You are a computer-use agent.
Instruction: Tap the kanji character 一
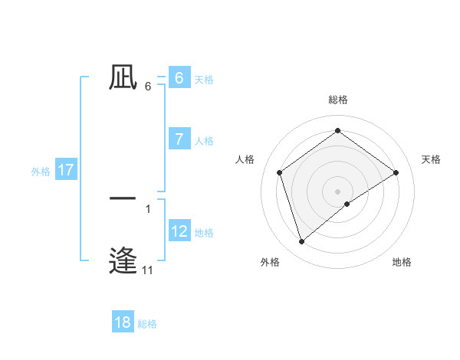pyautogui.click(x=123, y=198)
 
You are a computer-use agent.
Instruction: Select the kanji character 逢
pyautogui.click(x=123, y=260)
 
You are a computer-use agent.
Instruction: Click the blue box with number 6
pyautogui.click(x=179, y=77)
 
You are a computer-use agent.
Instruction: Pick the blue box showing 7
pyautogui.click(x=179, y=139)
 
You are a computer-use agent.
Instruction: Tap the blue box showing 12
pyautogui.click(x=179, y=231)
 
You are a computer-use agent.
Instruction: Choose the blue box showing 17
pyautogui.click(x=66, y=170)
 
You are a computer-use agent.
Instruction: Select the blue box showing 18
pyautogui.click(x=123, y=322)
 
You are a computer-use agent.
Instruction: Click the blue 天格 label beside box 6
pyautogui.click(x=204, y=79)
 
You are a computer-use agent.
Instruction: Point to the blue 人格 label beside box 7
pyautogui.click(x=204, y=141)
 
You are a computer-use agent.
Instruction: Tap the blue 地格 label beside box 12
pyautogui.click(x=204, y=233)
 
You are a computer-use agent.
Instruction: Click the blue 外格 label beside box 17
pyautogui.click(x=41, y=172)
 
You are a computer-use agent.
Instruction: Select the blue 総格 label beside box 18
pyautogui.click(x=147, y=325)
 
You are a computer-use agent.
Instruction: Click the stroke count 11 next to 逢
pyautogui.click(x=147, y=270)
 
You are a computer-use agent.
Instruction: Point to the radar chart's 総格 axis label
pyautogui.click(x=337, y=100)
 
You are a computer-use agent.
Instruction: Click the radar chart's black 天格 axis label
pyautogui.click(x=432, y=159)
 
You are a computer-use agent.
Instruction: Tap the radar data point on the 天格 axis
pyautogui.click(x=396, y=172)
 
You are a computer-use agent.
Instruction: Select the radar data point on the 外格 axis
pyautogui.click(x=302, y=242)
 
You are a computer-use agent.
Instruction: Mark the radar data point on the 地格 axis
pyautogui.click(x=347, y=204)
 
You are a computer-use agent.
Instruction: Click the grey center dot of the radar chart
pyautogui.click(x=337, y=191)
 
